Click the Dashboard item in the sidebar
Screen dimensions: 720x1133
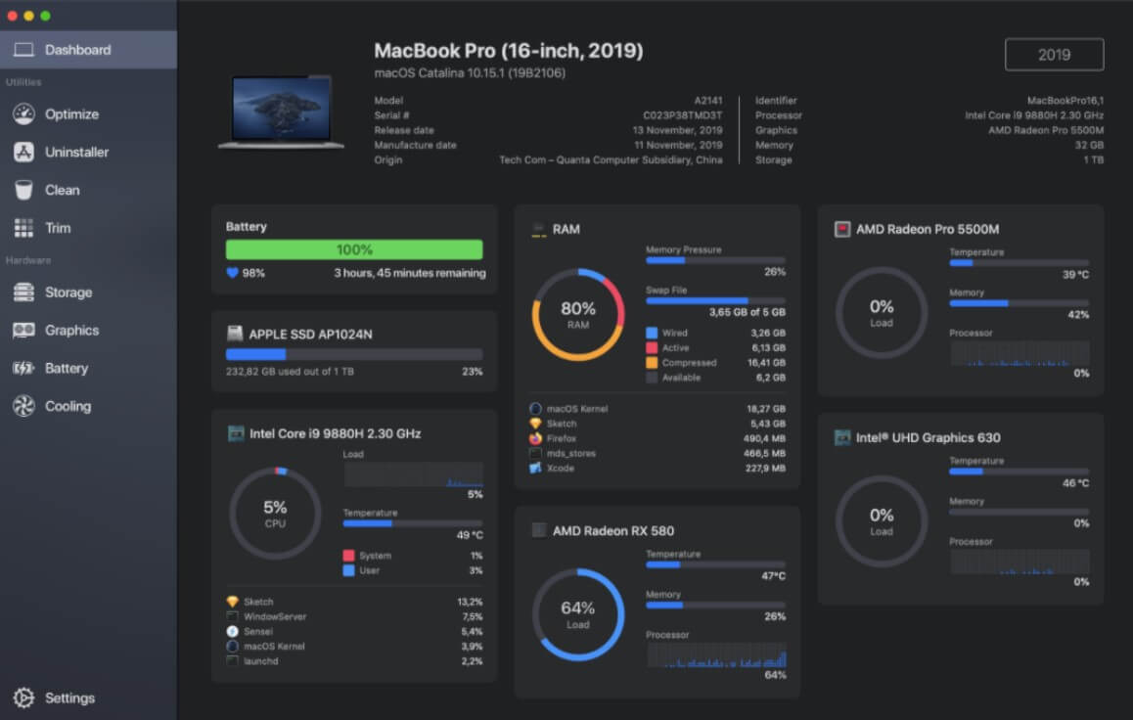click(77, 50)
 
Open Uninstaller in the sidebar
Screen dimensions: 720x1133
click(76, 153)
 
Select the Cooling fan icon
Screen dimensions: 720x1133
click(23, 407)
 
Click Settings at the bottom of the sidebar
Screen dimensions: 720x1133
click(69, 698)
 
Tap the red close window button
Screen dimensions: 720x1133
click(13, 16)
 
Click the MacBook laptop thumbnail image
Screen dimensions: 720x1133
click(281, 112)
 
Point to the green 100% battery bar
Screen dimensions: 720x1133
click(354, 249)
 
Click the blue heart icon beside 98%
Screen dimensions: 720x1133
click(232, 273)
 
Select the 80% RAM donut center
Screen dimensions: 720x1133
click(577, 314)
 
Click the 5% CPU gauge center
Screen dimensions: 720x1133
click(275, 513)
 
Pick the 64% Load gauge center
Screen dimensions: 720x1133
click(577, 613)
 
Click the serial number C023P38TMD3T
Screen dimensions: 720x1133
click(682, 115)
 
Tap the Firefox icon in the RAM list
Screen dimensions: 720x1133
click(535, 439)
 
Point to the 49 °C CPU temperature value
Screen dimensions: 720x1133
click(470, 535)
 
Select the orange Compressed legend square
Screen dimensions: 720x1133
click(652, 363)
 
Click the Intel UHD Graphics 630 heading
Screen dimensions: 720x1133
click(928, 437)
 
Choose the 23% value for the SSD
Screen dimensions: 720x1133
click(472, 372)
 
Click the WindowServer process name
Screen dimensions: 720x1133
click(275, 617)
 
